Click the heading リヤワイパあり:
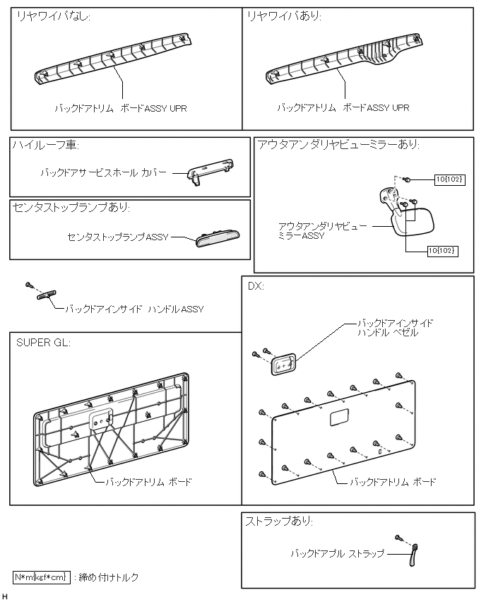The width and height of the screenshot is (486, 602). [281, 17]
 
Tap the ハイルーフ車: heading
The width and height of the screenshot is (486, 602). [45, 146]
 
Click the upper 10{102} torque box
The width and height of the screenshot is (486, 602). [449, 180]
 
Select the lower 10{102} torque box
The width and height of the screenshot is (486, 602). [442, 250]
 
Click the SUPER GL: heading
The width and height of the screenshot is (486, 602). [44, 343]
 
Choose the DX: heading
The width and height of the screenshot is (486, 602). [256, 287]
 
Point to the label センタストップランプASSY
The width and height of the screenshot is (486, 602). [118, 237]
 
